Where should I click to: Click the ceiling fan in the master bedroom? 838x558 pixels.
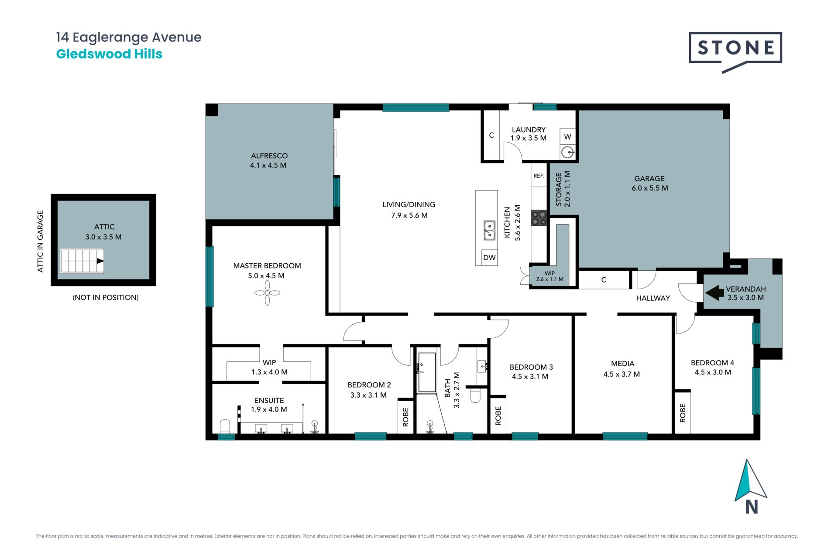[267, 293]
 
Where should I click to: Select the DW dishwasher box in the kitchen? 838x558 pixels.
[489, 257]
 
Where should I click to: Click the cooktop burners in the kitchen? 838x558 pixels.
[539, 218]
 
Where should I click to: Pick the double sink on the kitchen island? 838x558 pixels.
[489, 230]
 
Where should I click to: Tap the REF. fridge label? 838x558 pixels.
[539, 176]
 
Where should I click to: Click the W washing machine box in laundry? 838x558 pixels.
[567, 136]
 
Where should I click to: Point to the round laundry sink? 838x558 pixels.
[567, 152]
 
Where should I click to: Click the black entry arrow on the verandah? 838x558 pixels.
[714, 293]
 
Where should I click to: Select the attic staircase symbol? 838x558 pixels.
[82, 261]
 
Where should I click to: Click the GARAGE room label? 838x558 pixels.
[649, 178]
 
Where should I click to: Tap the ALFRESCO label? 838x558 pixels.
[269, 156]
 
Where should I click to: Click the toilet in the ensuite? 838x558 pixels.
[225, 426]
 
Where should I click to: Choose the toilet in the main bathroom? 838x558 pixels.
[475, 395]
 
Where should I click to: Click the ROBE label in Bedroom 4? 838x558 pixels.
[683, 413]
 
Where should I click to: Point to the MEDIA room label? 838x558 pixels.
[623, 364]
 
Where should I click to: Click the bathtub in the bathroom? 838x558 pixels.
[427, 372]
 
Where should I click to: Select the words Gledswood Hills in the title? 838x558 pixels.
[109, 54]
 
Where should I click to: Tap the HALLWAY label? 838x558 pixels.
[653, 298]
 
